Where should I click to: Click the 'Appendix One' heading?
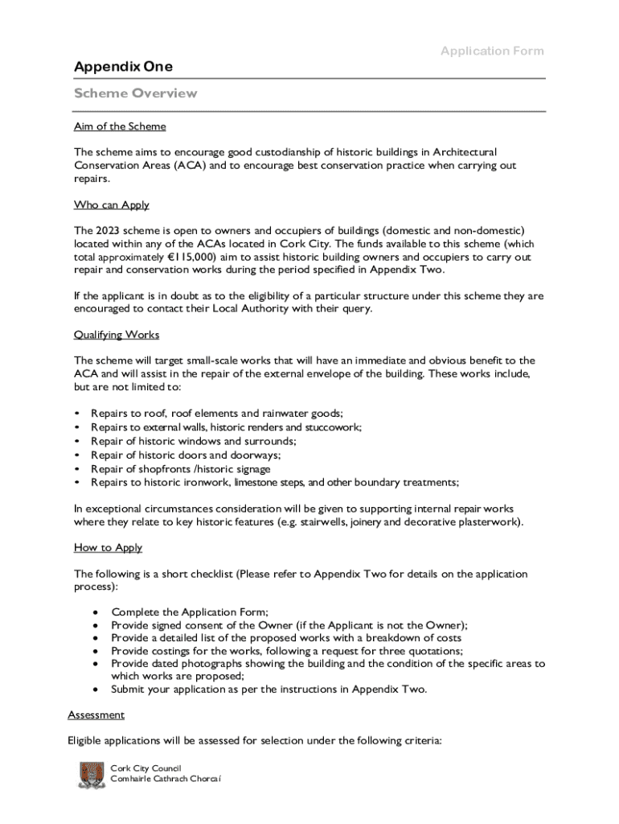(x=123, y=67)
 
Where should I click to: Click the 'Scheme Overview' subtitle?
(x=135, y=93)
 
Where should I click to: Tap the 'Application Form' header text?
(x=492, y=51)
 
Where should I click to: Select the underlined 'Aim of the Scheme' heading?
(x=120, y=126)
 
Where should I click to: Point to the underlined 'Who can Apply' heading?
(x=112, y=204)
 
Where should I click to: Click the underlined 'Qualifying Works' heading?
(x=117, y=334)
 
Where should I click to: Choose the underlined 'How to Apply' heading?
(x=108, y=547)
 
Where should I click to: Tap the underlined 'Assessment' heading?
(x=96, y=715)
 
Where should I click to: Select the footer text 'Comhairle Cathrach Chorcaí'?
(x=166, y=780)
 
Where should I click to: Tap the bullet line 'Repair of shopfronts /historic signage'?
(x=181, y=468)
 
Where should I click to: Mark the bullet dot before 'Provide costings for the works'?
(x=96, y=650)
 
